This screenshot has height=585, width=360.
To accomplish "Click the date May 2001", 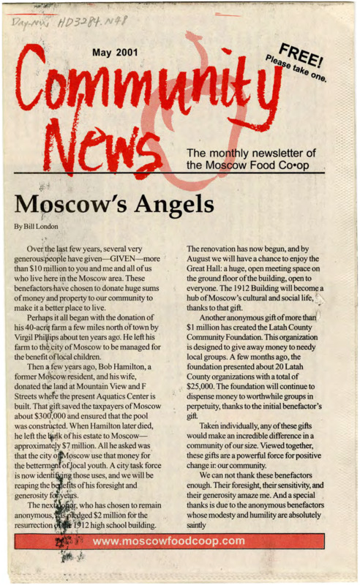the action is pos(115,53).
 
